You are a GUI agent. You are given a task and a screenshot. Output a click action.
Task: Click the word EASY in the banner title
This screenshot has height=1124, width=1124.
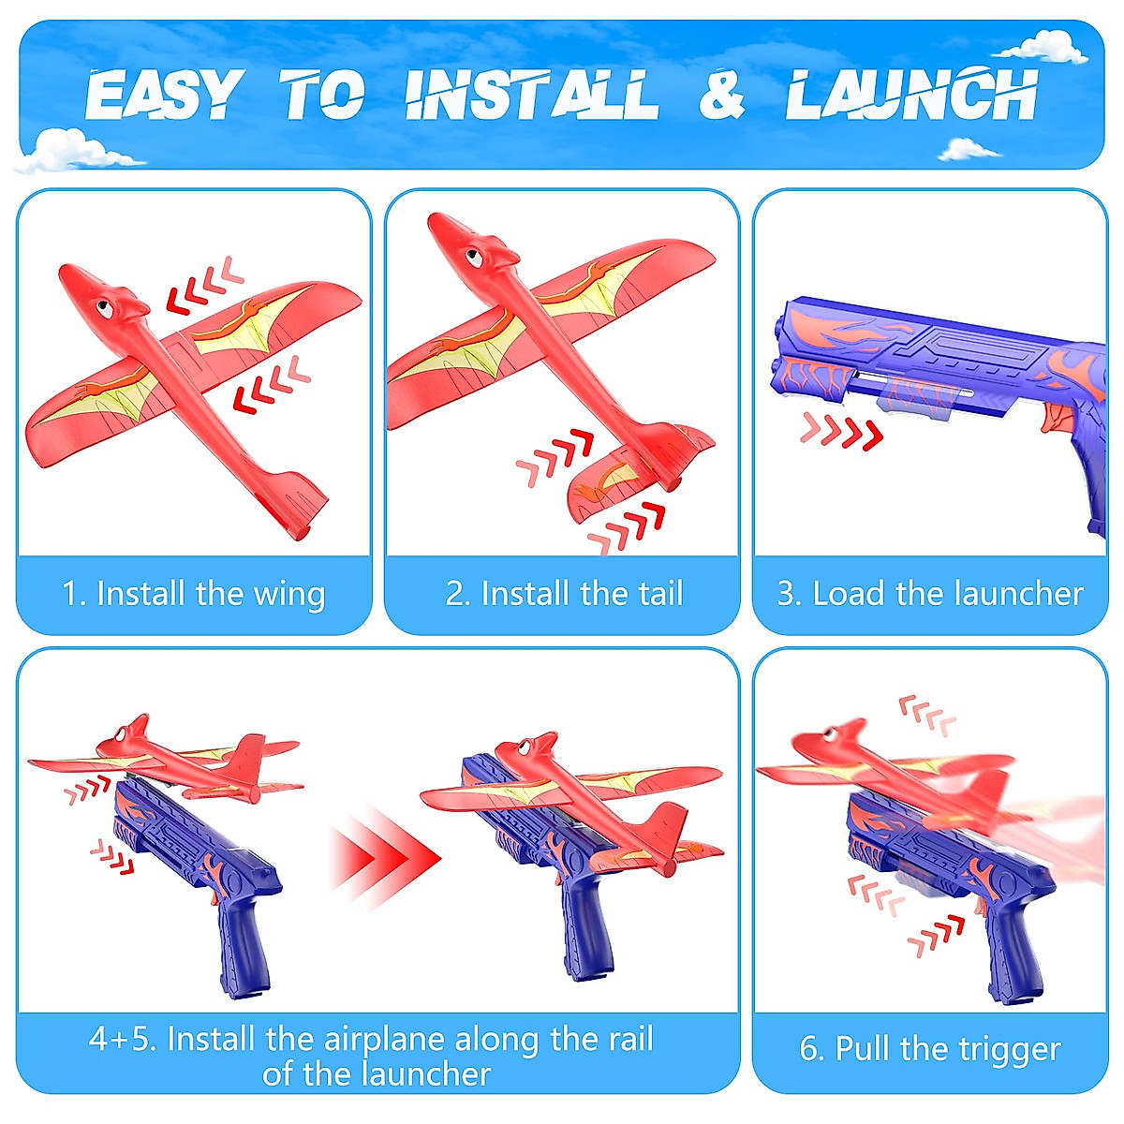pyautogui.click(x=161, y=96)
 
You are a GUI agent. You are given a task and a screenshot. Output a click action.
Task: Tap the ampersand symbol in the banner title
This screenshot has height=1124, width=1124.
pyautogui.click(x=720, y=96)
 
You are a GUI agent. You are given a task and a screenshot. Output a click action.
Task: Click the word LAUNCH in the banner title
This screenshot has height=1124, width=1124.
pyautogui.click(x=910, y=96)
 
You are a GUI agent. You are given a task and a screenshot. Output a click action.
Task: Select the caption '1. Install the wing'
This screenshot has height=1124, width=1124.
pyautogui.click(x=194, y=594)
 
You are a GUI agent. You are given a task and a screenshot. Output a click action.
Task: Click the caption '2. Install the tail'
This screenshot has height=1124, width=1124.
pyautogui.click(x=564, y=594)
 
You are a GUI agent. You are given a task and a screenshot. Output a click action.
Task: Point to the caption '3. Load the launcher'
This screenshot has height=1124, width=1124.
pyautogui.click(x=930, y=594)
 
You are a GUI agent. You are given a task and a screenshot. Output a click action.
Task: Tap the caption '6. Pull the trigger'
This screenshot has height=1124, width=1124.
pyautogui.click(x=930, y=1049)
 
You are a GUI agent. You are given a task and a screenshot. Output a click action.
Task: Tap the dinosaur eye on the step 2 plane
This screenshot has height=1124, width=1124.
pyautogui.click(x=480, y=250)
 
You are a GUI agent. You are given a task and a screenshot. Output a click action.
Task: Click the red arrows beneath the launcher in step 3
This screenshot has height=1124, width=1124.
pyautogui.click(x=841, y=432)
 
